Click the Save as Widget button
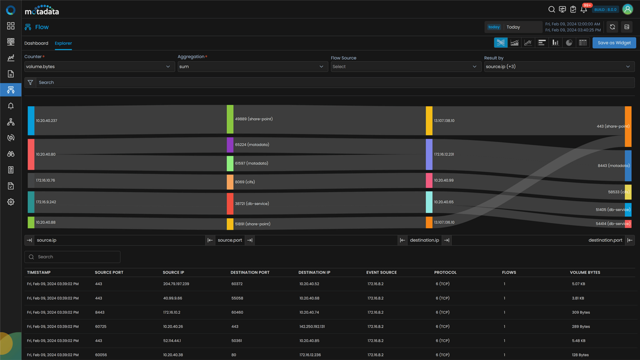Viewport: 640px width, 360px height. coord(614,42)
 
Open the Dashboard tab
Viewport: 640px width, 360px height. coord(36,43)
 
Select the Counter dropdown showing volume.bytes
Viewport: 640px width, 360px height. coord(98,67)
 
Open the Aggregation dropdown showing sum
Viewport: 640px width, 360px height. coord(251,67)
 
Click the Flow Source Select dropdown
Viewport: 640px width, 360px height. coord(405,67)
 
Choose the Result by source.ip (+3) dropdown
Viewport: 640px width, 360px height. coord(558,67)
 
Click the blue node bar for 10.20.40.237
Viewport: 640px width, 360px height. coord(31,121)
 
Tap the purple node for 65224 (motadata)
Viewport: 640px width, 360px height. coord(230,145)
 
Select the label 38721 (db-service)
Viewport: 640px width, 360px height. coord(252,204)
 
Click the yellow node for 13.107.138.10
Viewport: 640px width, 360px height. coord(429,121)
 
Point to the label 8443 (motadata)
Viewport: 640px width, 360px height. coord(613,165)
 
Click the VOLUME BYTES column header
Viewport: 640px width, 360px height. coord(585,272)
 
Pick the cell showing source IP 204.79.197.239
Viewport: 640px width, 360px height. coord(176,284)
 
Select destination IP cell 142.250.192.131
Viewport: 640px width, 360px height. coord(312,327)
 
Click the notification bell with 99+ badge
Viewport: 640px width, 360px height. coord(584,10)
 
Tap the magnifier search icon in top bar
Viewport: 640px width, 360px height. coord(551,10)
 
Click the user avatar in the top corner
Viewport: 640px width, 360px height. coord(627,9)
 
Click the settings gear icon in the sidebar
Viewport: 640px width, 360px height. coord(11,202)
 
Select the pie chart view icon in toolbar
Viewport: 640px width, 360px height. coord(569,42)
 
